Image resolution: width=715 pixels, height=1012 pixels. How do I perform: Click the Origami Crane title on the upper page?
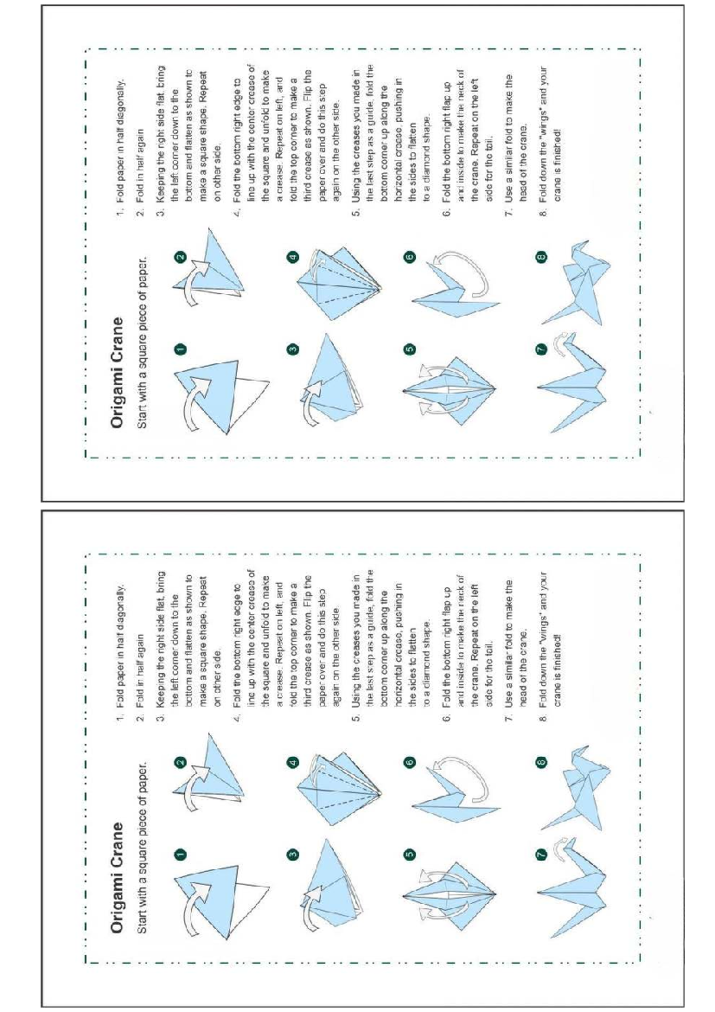(117, 372)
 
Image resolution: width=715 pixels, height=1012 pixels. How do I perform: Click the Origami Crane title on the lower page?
(117, 877)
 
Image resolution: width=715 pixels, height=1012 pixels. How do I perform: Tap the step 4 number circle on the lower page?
(293, 763)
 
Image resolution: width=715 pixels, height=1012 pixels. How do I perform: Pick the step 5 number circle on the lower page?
(409, 855)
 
